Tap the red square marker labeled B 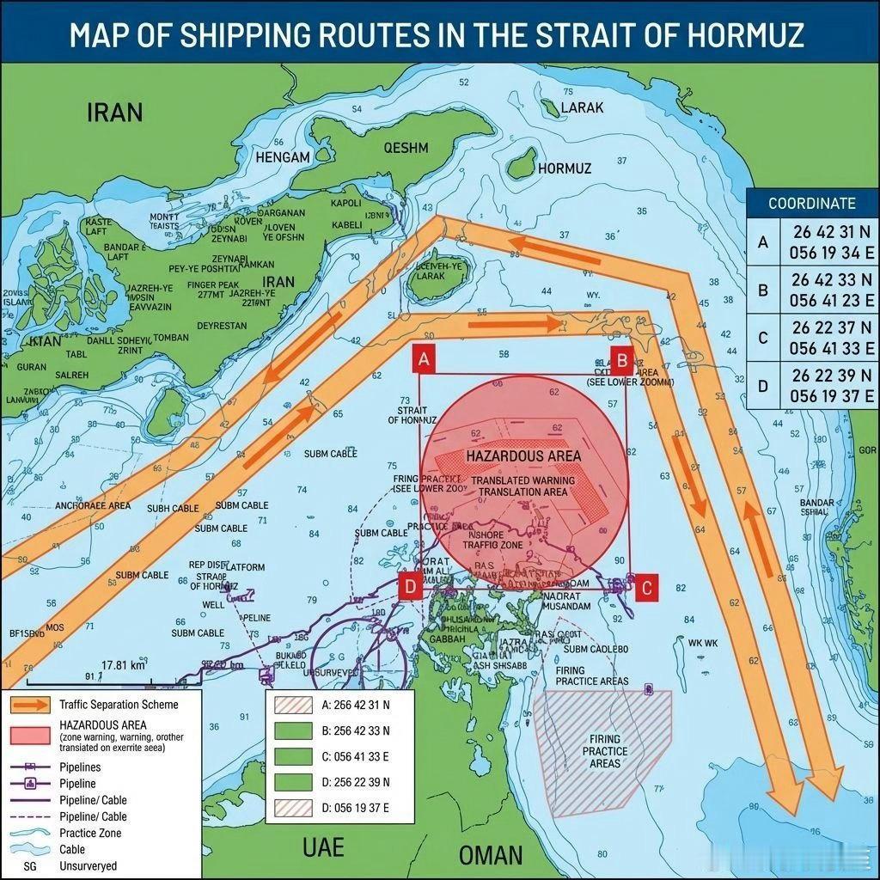[621, 359]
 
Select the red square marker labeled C [647, 587]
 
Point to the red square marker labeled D [411, 587]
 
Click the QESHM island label [406, 148]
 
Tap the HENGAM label [282, 157]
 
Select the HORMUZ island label [564, 168]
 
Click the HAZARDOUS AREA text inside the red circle [523, 455]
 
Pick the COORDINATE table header [811, 204]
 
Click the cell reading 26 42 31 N [830, 232]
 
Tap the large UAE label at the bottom [323, 847]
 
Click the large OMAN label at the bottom [490, 854]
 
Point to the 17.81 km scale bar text [124, 665]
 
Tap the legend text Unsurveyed [88, 865]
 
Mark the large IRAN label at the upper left [114, 113]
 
